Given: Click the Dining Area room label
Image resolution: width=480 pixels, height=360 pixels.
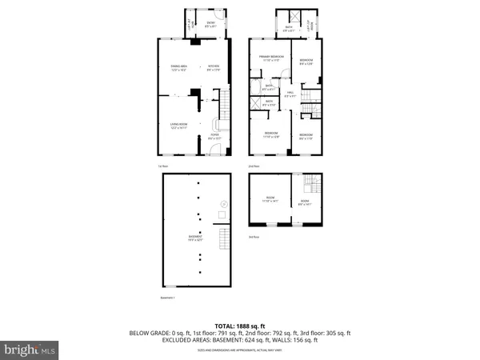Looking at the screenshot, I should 178,67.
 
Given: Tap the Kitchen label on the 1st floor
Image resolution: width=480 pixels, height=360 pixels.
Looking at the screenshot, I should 214,67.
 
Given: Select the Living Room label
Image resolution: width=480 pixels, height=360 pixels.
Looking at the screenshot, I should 178,126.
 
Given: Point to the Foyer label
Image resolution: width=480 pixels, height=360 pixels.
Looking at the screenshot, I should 214,137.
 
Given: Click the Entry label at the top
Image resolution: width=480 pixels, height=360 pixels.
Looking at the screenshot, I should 210,24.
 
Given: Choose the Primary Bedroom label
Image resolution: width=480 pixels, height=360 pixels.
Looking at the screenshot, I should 271,58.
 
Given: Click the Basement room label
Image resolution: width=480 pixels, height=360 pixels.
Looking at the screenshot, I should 195,238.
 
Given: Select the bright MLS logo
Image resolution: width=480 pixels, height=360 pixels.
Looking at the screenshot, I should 30,349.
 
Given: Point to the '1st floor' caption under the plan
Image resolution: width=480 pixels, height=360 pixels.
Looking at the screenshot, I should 162,166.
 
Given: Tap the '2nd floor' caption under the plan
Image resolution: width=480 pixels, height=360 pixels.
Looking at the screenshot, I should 254,166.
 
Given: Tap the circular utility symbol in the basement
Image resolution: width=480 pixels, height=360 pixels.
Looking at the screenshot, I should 224,206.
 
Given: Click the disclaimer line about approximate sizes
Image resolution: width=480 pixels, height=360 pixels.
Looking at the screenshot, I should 240,350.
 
